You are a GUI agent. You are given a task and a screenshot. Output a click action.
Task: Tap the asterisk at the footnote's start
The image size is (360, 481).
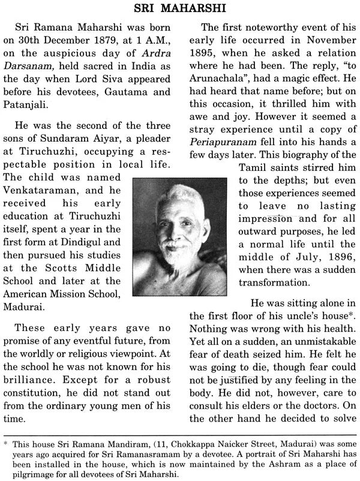coord(7,446)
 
